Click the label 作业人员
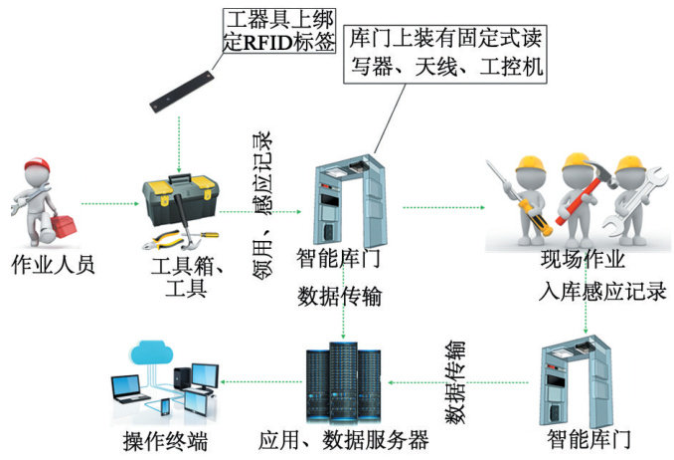click(x=52, y=265)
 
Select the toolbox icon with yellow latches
click(x=179, y=203)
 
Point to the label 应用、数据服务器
click(x=343, y=439)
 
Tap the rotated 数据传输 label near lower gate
click(x=454, y=382)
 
